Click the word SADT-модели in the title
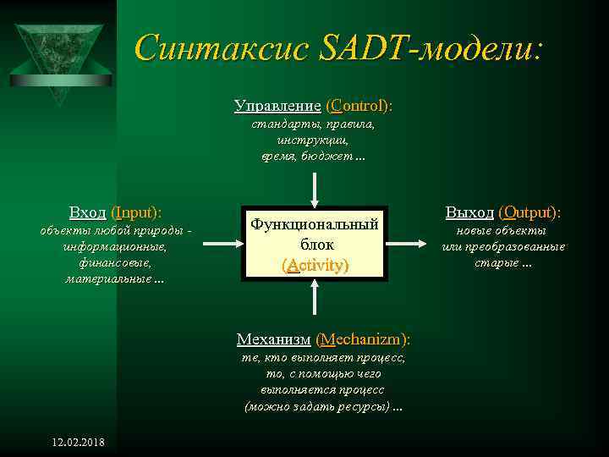pos(430,48)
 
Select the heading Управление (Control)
pos(314,107)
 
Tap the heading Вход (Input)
pos(115,212)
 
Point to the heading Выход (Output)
pos(503,212)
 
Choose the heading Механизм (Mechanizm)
pos(323,339)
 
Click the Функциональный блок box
pos(314,243)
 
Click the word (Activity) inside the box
pos(314,265)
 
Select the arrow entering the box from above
pos(314,186)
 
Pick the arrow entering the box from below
pos(314,300)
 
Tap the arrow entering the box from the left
pos(222,243)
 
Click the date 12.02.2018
pos(79,443)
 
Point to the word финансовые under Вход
pos(115,262)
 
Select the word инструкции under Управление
pos(313,140)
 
